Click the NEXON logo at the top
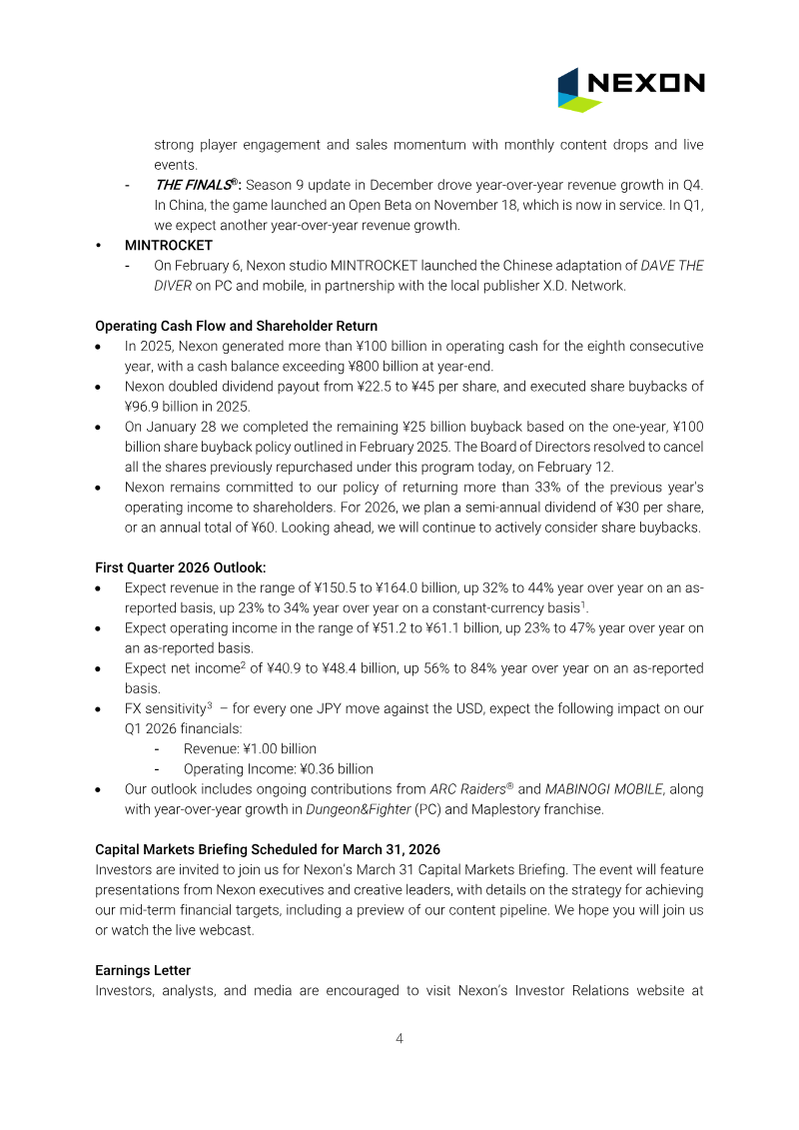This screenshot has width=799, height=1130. pyautogui.click(x=630, y=89)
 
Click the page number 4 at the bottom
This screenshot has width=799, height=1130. pyautogui.click(x=399, y=1038)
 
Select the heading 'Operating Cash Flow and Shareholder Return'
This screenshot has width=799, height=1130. pyautogui.click(x=236, y=326)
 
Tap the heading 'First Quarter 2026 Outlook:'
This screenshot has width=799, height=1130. pyautogui.click(x=181, y=566)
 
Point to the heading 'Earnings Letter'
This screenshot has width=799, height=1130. pyautogui.click(x=143, y=970)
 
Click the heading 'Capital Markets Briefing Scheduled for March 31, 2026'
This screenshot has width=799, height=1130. pyautogui.click(x=267, y=848)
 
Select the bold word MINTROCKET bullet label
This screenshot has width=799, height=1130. pyautogui.click(x=168, y=245)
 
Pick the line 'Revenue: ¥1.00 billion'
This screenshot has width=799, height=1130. pyautogui.click(x=250, y=748)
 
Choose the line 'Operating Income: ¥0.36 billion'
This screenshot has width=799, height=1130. pyautogui.click(x=278, y=768)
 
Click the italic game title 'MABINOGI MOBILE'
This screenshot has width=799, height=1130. pyautogui.click(x=603, y=788)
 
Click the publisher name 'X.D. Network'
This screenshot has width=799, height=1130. pyautogui.click(x=587, y=285)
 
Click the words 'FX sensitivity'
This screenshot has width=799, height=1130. pyautogui.click(x=165, y=708)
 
